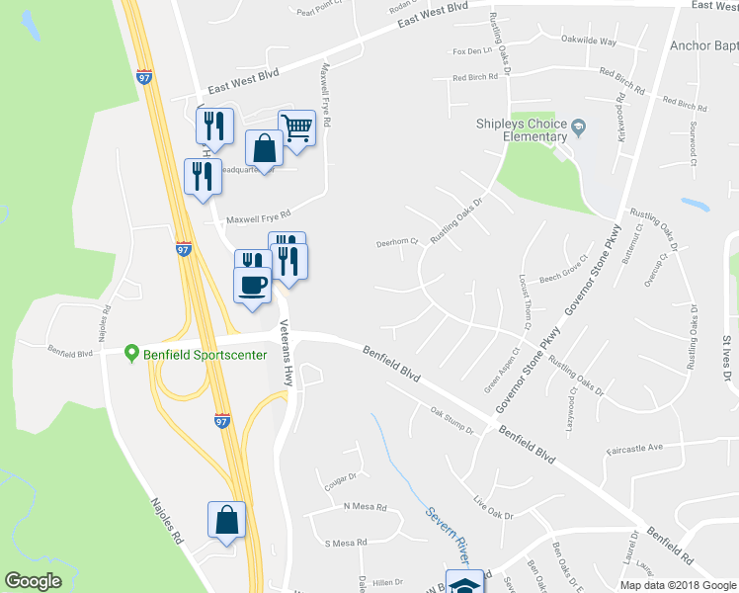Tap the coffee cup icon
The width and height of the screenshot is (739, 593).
click(x=253, y=284)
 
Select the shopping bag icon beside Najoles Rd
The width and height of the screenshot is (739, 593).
click(x=226, y=520)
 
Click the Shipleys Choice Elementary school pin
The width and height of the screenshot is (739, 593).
click(x=579, y=126)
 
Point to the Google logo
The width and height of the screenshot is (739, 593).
click(x=33, y=581)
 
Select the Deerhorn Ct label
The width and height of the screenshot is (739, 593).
click(x=397, y=241)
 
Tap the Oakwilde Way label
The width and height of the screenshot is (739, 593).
click(x=588, y=42)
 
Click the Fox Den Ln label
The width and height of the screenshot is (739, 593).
click(x=472, y=50)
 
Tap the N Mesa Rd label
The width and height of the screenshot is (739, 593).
click(x=365, y=507)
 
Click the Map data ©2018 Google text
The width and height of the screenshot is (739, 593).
click(x=677, y=584)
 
